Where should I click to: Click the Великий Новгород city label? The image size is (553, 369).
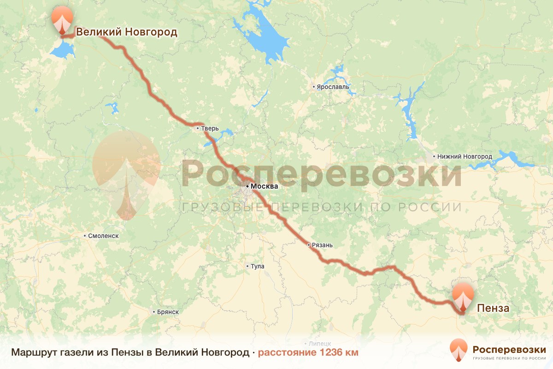pyautogui.click(x=126, y=32)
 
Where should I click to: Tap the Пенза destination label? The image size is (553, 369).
pyautogui.click(x=493, y=308)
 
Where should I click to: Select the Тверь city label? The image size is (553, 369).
pyautogui.click(x=206, y=128)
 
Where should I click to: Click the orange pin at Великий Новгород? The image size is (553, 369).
pyautogui.click(x=62, y=19)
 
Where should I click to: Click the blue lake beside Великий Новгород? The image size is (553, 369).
pyautogui.click(x=62, y=48)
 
